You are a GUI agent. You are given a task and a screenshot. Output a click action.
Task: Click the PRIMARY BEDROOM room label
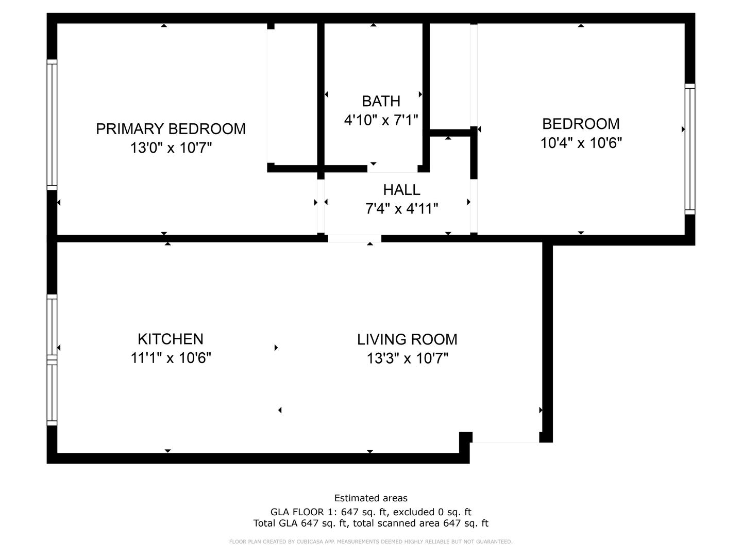click(x=171, y=128)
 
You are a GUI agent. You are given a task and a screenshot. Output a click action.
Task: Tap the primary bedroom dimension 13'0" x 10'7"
click(x=171, y=148)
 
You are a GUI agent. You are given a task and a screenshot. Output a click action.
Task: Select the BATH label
click(x=381, y=101)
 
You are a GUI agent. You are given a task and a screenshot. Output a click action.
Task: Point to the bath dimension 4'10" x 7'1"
click(x=381, y=120)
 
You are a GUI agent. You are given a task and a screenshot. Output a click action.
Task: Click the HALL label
click(x=401, y=190)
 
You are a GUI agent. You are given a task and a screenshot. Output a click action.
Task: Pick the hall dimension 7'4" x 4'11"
click(x=401, y=209)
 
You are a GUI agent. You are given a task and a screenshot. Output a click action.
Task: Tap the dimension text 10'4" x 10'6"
click(x=581, y=143)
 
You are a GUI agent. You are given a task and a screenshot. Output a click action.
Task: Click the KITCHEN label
click(x=171, y=339)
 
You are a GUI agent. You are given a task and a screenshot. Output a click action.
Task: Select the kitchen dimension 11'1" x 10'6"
click(x=171, y=358)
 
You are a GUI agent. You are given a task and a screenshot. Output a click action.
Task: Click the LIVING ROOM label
click(x=407, y=339)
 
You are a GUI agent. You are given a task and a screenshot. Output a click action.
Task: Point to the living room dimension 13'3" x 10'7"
click(x=407, y=358)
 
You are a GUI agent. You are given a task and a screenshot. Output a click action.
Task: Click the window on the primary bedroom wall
click(x=52, y=124)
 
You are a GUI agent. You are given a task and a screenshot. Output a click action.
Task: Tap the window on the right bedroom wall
click(x=689, y=149)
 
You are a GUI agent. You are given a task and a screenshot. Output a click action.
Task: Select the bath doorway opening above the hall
click(x=392, y=169)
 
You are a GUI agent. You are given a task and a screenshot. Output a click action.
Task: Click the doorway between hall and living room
click(x=355, y=238)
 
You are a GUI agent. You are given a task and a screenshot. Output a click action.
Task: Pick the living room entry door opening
click(x=505, y=438)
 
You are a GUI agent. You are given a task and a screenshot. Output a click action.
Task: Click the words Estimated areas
click(x=370, y=498)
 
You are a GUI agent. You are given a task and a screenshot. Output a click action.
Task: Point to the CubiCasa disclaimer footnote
click(x=370, y=542)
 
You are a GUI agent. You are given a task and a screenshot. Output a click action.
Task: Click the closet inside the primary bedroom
click(x=292, y=95)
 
